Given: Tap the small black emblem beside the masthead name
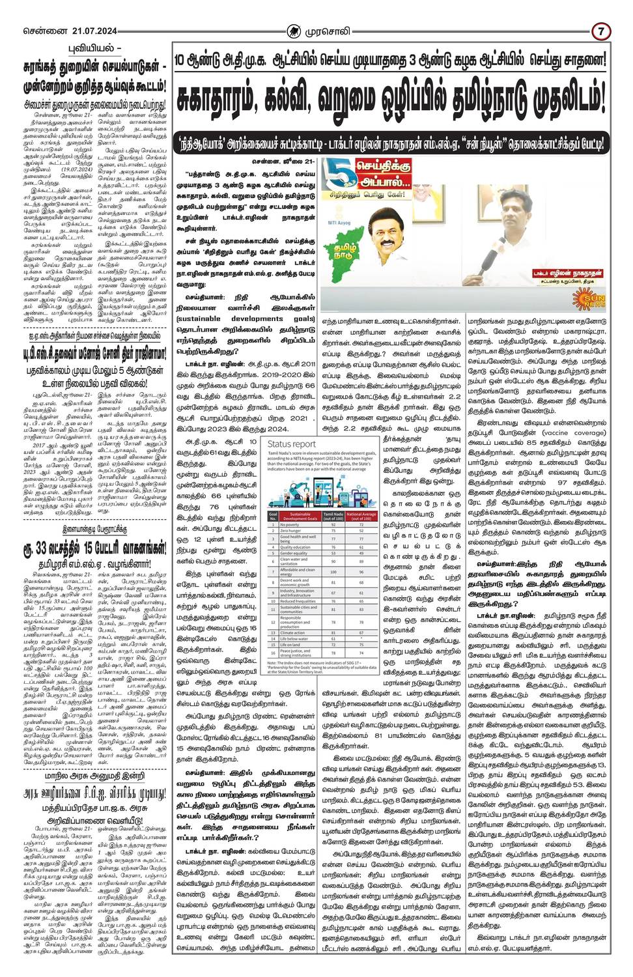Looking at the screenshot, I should click(x=294, y=31).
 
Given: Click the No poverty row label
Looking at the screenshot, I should click(x=290, y=524).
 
